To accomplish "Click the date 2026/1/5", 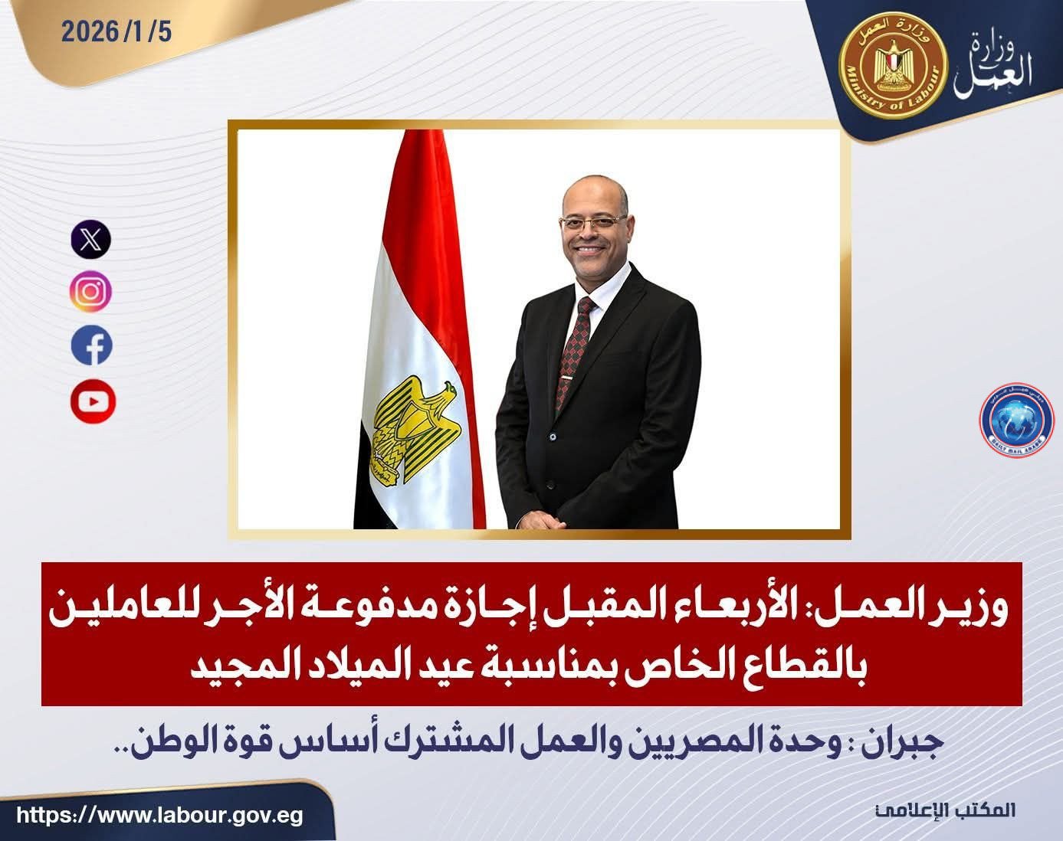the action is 116,32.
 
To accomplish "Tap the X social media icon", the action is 91,240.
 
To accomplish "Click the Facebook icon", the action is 91,345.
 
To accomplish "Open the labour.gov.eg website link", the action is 159,815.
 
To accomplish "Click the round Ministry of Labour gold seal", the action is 894,67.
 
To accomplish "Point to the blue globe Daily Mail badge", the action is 1017,420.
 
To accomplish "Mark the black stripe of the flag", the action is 370,479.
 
